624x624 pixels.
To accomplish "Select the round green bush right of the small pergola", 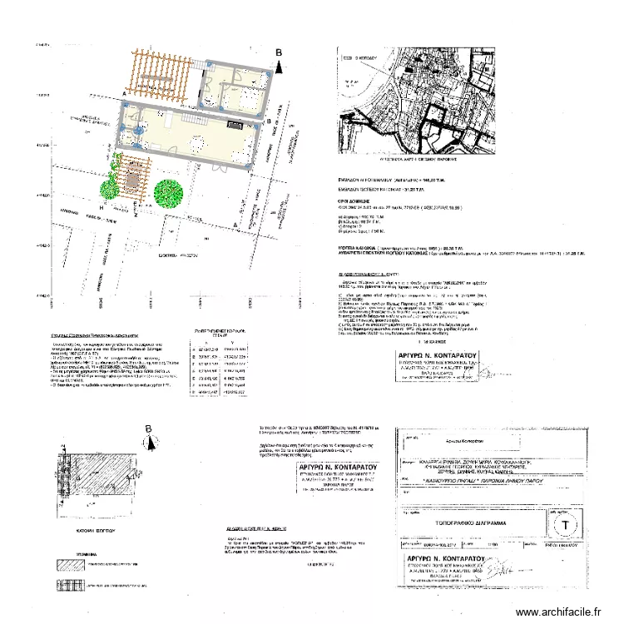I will click(x=170, y=192).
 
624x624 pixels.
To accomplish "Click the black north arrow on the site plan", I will click(x=280, y=67).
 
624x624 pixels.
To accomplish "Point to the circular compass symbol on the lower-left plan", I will click(x=151, y=443).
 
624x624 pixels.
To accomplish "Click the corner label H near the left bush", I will click(x=102, y=206).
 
